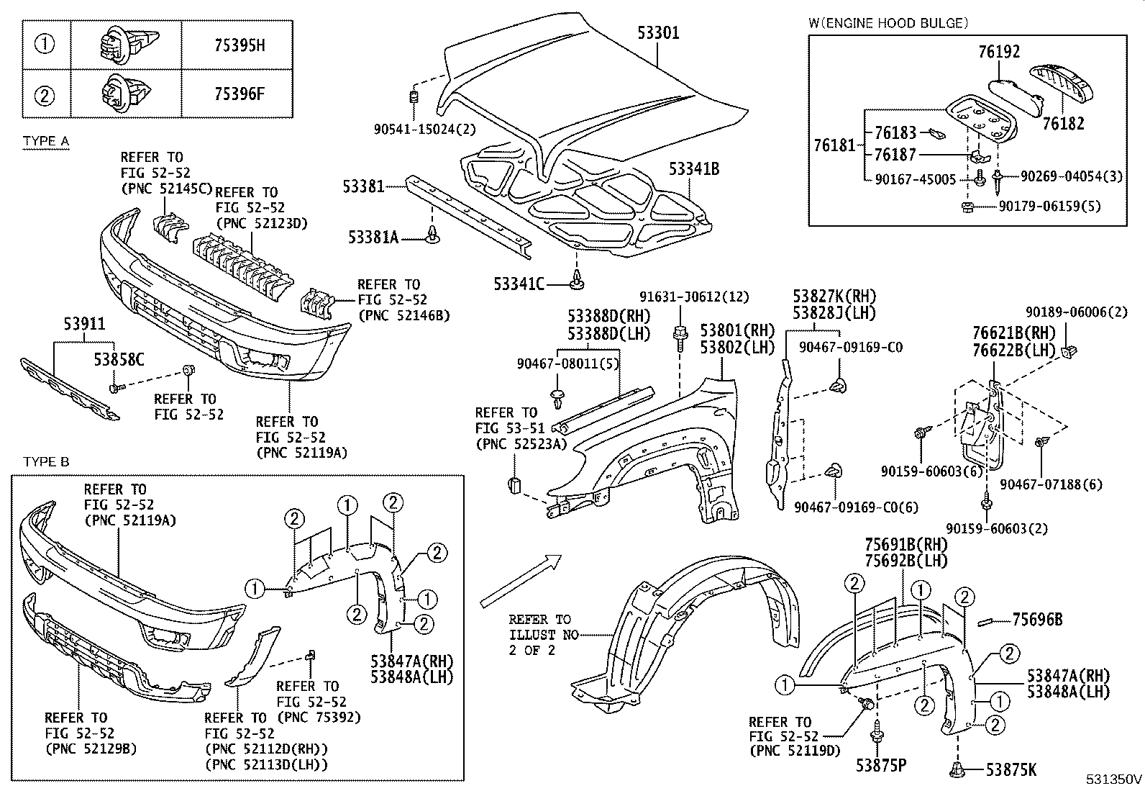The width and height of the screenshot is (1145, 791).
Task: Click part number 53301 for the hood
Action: coord(657,32)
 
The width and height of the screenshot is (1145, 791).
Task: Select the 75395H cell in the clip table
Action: coord(240,45)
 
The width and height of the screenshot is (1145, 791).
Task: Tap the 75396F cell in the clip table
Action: coord(240,94)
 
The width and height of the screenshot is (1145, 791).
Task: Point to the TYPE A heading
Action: coord(46,140)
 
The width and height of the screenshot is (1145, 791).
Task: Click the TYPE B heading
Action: coord(46,461)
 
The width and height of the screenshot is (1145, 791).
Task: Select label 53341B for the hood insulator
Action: coord(693,169)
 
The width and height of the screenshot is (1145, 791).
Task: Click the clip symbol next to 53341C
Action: coord(576,281)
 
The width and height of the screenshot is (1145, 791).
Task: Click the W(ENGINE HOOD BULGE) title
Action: coord(888,23)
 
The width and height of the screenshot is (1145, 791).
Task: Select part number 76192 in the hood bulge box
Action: coord(998,52)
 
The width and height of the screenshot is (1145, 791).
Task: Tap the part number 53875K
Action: coord(1011,771)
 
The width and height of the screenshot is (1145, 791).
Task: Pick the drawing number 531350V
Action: coord(1113,779)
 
